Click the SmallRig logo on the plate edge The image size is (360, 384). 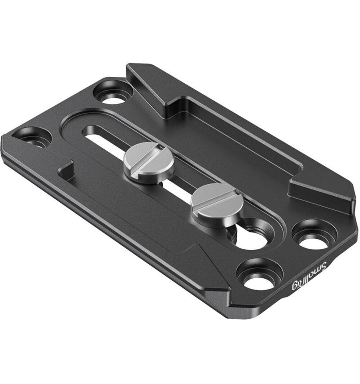(309, 277)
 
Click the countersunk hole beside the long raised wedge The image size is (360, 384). (113, 92)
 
